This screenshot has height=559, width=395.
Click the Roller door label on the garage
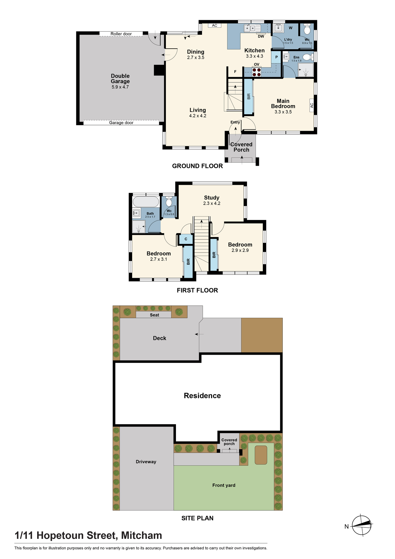tap(121, 34)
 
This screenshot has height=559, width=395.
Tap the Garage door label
tap(121, 123)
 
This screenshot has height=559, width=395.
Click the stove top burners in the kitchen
tap(257, 72)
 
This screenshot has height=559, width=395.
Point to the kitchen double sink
tap(252, 28)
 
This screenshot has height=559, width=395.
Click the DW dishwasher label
tap(261, 36)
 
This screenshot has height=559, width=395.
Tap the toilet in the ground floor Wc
tap(307, 29)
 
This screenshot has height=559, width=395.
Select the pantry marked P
tap(276, 57)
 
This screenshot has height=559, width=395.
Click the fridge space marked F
tap(235, 72)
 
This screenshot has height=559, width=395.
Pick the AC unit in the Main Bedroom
tap(312, 105)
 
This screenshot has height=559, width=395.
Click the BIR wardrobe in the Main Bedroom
tap(249, 97)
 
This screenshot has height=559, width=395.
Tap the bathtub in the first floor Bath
tap(146, 202)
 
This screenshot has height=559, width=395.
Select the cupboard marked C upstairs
tap(186, 239)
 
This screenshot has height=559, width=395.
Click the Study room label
tap(212, 198)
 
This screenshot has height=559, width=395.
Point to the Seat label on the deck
tap(154, 315)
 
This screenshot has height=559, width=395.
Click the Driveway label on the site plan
tap(146, 462)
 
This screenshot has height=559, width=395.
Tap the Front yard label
tap(224, 485)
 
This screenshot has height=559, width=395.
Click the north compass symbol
tap(362, 525)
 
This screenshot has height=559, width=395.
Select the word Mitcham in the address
tap(142, 535)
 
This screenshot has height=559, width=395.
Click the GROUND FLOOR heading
tap(197, 166)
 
